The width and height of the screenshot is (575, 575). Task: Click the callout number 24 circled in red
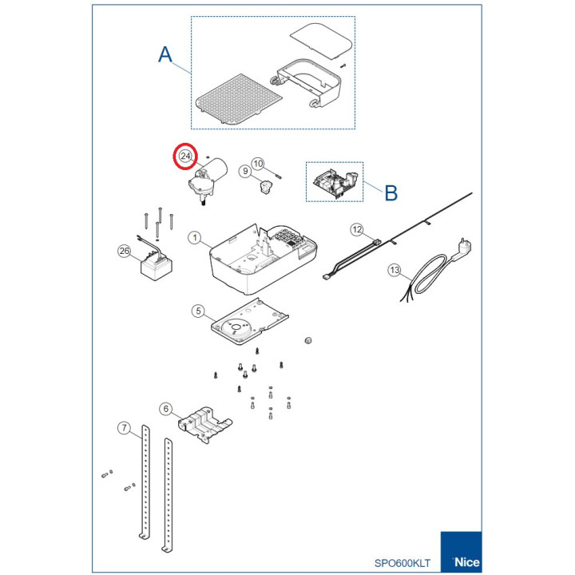point(185,157)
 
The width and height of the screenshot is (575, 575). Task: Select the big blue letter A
point(165,54)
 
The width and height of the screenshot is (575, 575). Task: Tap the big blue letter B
point(391,192)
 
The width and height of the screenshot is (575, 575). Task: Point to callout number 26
point(125,251)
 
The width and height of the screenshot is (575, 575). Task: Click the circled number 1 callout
point(195,238)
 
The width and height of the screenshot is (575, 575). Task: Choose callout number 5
point(198,311)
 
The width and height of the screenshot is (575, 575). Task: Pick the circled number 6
point(166,409)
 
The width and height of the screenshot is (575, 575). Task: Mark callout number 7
point(125,427)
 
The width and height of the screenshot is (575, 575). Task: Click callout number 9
point(245,171)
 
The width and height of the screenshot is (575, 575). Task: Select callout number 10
point(258,164)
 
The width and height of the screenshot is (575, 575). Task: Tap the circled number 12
point(357,230)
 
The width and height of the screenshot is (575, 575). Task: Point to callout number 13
point(395,270)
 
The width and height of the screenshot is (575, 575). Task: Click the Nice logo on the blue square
point(466,561)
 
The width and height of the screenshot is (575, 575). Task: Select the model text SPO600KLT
point(402,563)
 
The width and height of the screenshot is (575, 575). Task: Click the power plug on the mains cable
point(462,248)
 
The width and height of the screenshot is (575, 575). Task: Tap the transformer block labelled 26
point(157,266)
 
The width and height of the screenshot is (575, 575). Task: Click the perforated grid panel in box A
point(239,100)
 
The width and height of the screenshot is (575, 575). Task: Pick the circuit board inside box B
point(335,182)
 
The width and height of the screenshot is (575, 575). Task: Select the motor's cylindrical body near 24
point(216,169)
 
